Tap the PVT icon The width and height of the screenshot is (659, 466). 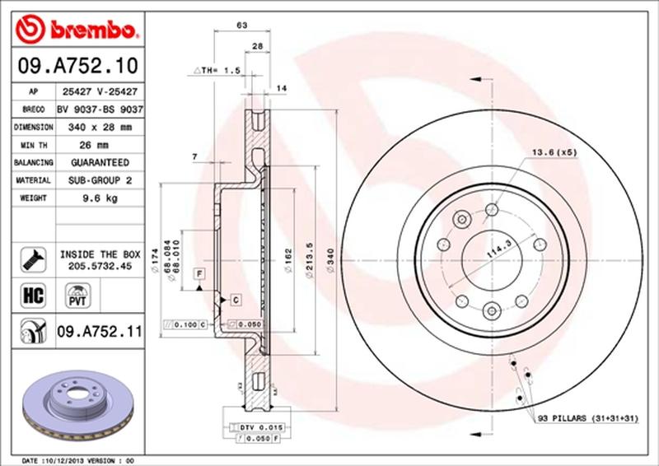(78, 294)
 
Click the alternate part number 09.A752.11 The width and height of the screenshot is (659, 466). (100, 333)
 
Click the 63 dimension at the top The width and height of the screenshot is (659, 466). (242, 26)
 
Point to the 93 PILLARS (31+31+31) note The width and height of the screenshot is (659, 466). (587, 419)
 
